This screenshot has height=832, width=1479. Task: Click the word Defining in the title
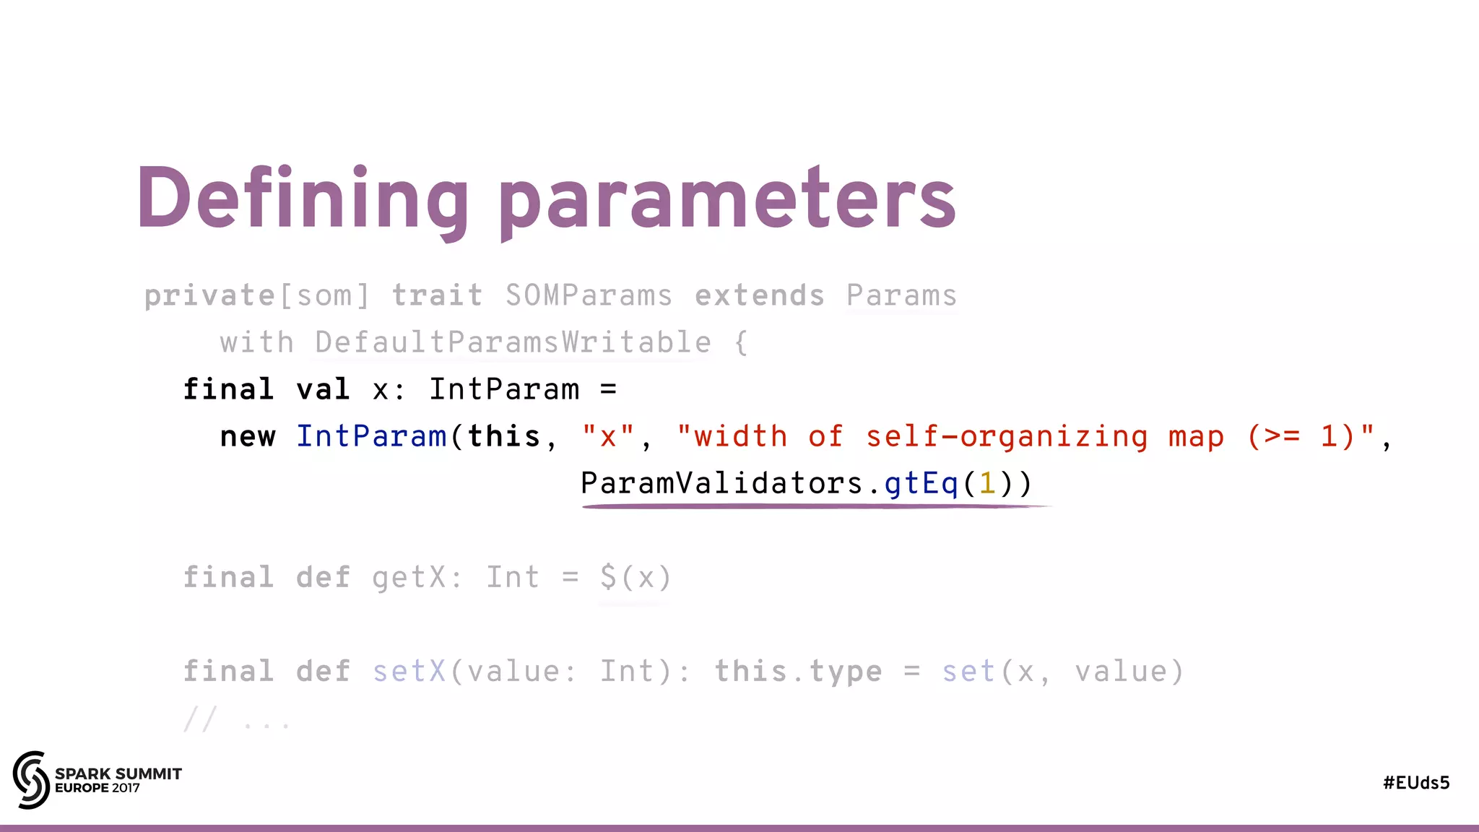click(x=303, y=199)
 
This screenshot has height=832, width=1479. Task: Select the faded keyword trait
click(x=437, y=295)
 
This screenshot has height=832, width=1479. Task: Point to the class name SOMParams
click(x=589, y=295)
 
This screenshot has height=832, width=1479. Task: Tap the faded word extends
click(x=759, y=295)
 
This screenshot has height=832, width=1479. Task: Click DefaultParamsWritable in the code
click(x=513, y=342)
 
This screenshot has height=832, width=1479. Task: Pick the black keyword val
click(x=323, y=389)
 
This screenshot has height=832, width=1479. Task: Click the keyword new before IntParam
click(x=248, y=436)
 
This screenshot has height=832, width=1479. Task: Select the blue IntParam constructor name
click(x=371, y=436)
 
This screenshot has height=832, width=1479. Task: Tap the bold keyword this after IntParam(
click(x=503, y=436)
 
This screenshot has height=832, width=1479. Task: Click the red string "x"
click(x=608, y=436)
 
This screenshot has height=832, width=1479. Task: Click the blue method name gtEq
click(x=921, y=483)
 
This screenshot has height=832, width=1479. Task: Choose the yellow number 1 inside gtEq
click(x=987, y=483)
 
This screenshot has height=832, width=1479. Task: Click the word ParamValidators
click(x=721, y=483)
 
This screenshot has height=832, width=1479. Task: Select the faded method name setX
click(x=409, y=671)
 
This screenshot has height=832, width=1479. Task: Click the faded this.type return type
click(x=798, y=671)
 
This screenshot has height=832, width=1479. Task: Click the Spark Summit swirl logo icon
click(x=31, y=779)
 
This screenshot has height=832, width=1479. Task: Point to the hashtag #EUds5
click(x=1416, y=783)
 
